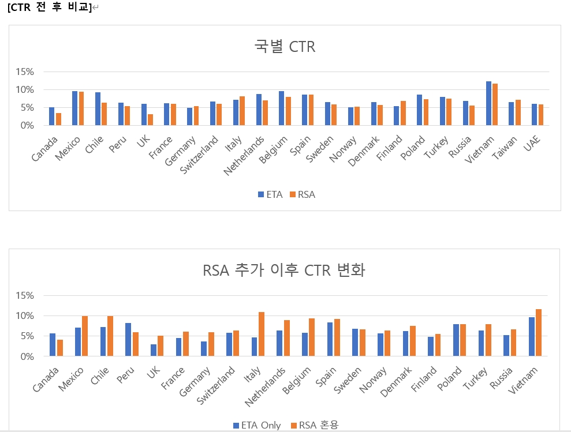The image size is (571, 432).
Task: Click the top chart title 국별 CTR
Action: click(x=285, y=47)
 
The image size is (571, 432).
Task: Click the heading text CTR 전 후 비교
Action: click(x=50, y=7)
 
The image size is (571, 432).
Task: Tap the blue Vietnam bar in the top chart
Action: click(x=488, y=103)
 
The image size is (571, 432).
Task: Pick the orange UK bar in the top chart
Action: click(x=150, y=119)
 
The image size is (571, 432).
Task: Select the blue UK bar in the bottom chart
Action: click(x=154, y=350)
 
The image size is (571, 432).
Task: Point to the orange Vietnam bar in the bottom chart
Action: click(x=539, y=333)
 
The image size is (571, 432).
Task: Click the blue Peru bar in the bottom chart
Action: click(x=128, y=340)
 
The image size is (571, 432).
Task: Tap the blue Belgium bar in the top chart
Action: click(x=281, y=108)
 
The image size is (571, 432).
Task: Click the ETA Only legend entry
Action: click(x=257, y=425)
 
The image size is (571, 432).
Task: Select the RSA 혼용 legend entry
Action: click(x=315, y=425)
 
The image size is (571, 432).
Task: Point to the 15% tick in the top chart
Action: click(x=25, y=72)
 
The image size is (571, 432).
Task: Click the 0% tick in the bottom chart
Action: click(x=27, y=356)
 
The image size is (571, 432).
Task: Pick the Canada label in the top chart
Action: click(x=45, y=148)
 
